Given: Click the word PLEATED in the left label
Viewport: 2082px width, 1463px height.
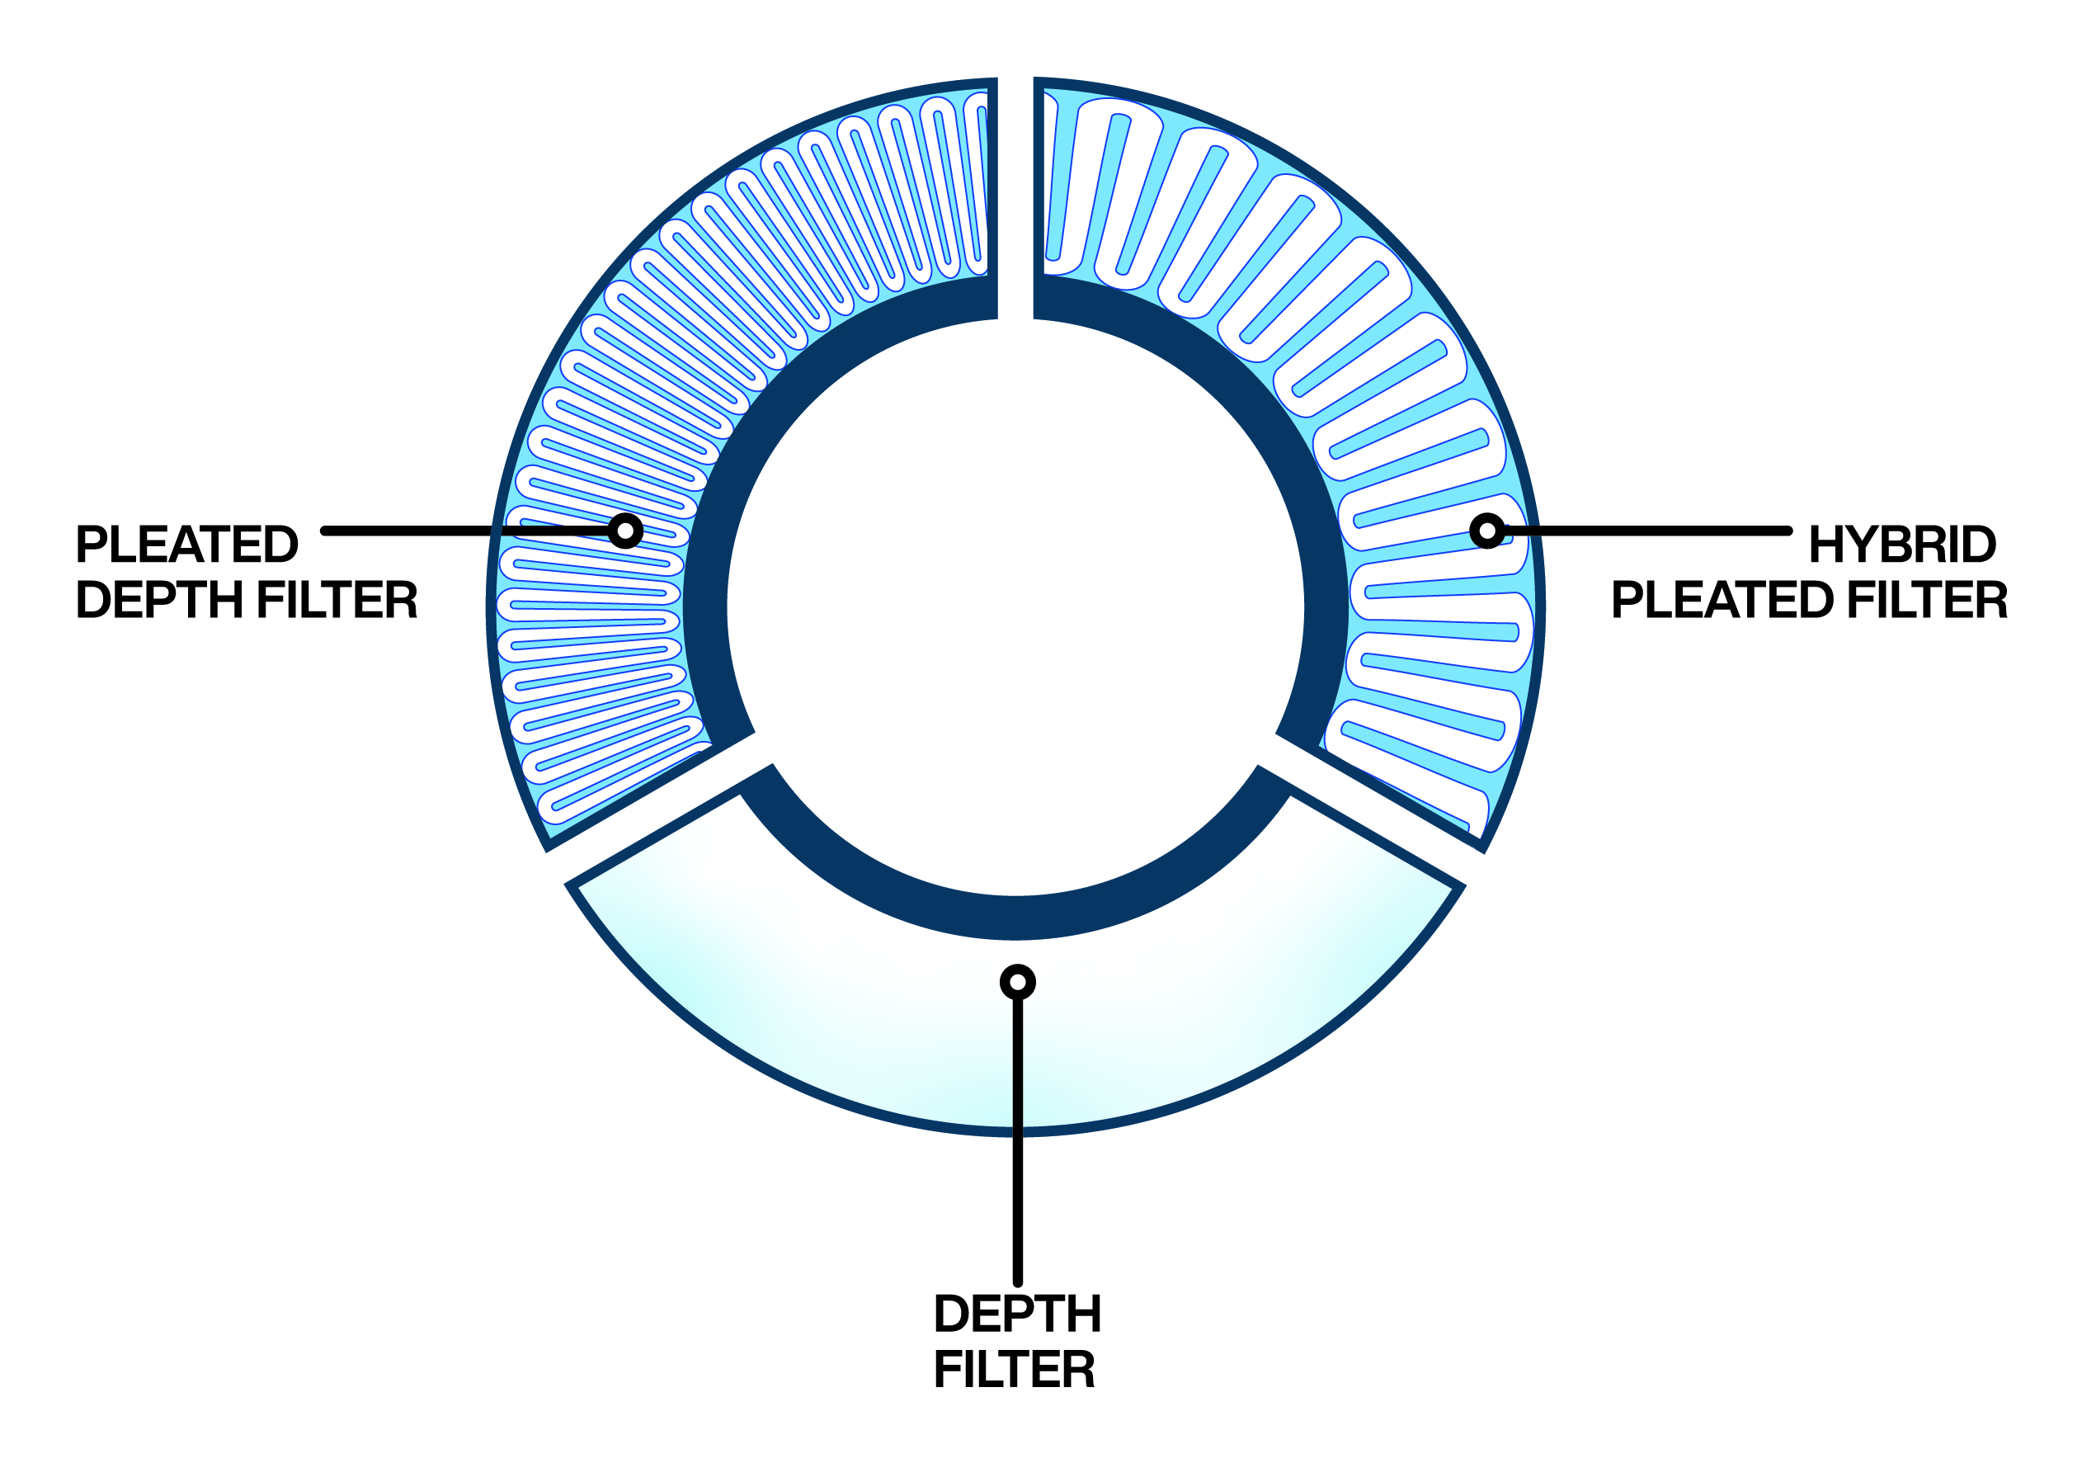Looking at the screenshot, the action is click(x=186, y=545).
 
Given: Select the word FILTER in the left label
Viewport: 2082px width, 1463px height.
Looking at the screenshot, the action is click(x=337, y=600).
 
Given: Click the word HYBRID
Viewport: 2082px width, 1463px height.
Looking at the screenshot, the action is click(x=1902, y=545).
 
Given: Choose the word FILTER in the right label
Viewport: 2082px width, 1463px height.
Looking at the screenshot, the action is click(x=1928, y=600).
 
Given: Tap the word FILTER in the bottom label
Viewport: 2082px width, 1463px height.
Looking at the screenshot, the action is click(x=1015, y=1370).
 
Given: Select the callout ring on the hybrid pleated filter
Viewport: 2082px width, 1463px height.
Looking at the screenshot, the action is click(x=1487, y=531).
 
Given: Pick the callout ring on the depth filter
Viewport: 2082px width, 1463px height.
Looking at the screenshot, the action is click(x=1017, y=982).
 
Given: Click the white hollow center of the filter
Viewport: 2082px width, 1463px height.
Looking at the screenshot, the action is click(x=1015, y=607).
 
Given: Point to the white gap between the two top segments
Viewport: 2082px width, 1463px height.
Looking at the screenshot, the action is click(x=1015, y=200).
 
